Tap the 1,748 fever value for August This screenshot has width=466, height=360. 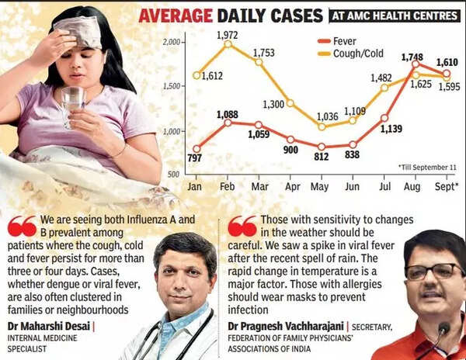click(x=412, y=57)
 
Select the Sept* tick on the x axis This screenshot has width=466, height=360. click(x=445, y=187)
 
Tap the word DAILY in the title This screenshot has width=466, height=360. click(x=261, y=15)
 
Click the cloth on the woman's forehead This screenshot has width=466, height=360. click(x=77, y=31)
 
